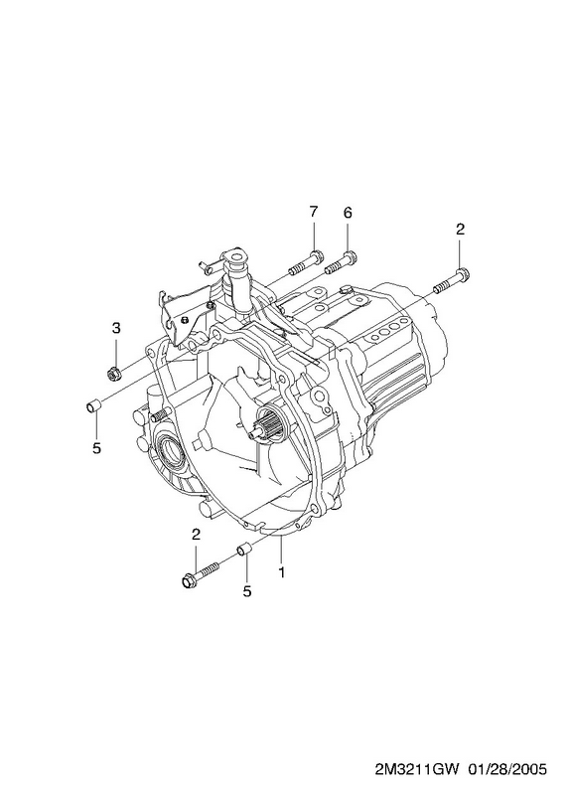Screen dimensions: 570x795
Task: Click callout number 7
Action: point(313,212)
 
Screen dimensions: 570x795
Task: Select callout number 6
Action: point(348,213)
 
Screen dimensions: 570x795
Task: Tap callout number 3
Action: point(116,328)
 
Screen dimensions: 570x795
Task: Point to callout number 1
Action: point(281,572)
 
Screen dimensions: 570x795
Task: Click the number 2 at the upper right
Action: point(460,230)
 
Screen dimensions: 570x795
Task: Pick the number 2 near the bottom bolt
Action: point(196,534)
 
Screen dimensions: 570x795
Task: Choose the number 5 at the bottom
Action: point(246,591)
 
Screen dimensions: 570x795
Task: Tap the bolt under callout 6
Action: point(342,261)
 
